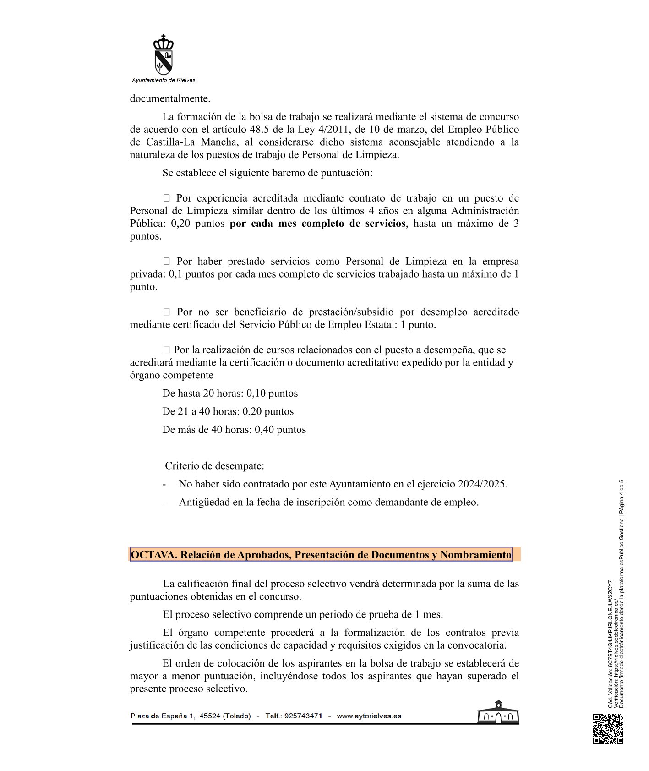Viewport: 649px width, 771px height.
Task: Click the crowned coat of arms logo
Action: coord(164,55)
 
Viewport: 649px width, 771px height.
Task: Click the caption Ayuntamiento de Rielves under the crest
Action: coord(164,80)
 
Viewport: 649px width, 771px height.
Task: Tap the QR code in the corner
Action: coord(608,728)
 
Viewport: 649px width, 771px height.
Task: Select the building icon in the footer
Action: coord(498,712)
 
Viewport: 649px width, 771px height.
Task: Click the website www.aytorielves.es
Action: coord(369,716)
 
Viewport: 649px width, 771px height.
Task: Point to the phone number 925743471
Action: coord(303,716)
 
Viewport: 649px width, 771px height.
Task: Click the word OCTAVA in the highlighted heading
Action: coord(153,555)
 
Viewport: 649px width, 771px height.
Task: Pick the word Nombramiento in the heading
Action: coord(475,555)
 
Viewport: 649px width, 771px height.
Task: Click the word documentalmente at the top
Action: coord(170,98)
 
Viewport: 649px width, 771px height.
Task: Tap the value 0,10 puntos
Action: coord(272,394)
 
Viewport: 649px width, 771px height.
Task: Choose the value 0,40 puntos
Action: coord(280,430)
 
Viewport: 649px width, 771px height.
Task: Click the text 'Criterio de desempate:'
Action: coord(214,466)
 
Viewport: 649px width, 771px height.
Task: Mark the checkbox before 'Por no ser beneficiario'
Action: coord(167,312)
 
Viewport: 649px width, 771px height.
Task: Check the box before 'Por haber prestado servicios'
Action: coord(167,262)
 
